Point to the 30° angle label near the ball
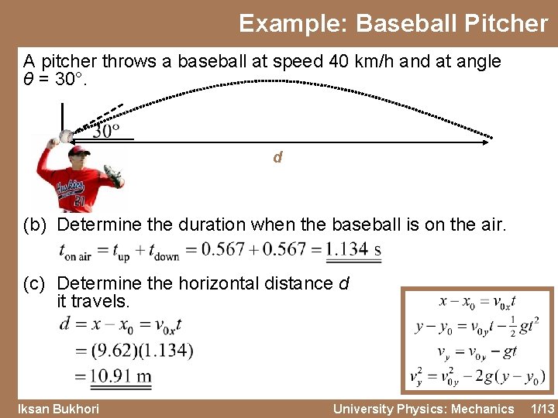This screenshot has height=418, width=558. click(106, 131)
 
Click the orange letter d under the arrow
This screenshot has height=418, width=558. click(277, 158)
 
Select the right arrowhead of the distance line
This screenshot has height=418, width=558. click(486, 142)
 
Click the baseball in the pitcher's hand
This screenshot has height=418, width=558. click(64, 137)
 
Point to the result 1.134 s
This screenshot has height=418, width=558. click(353, 249)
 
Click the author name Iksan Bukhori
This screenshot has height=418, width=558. click(58, 408)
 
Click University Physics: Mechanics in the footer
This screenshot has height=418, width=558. click(423, 408)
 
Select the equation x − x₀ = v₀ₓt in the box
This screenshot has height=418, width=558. click(477, 302)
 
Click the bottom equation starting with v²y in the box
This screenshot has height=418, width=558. click(477, 378)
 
